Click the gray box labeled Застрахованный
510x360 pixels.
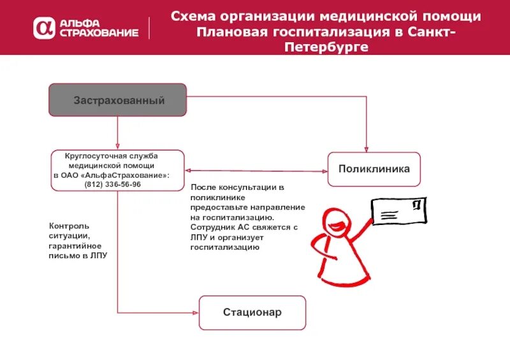119,100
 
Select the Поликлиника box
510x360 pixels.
374,169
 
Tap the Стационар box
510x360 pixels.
252,312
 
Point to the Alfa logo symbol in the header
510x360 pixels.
45,27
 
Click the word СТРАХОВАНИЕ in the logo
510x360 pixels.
98,32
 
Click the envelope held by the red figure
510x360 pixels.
398,210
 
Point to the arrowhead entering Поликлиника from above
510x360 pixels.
367,148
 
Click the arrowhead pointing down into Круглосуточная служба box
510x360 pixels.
118,147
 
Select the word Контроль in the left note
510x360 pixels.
69,226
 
